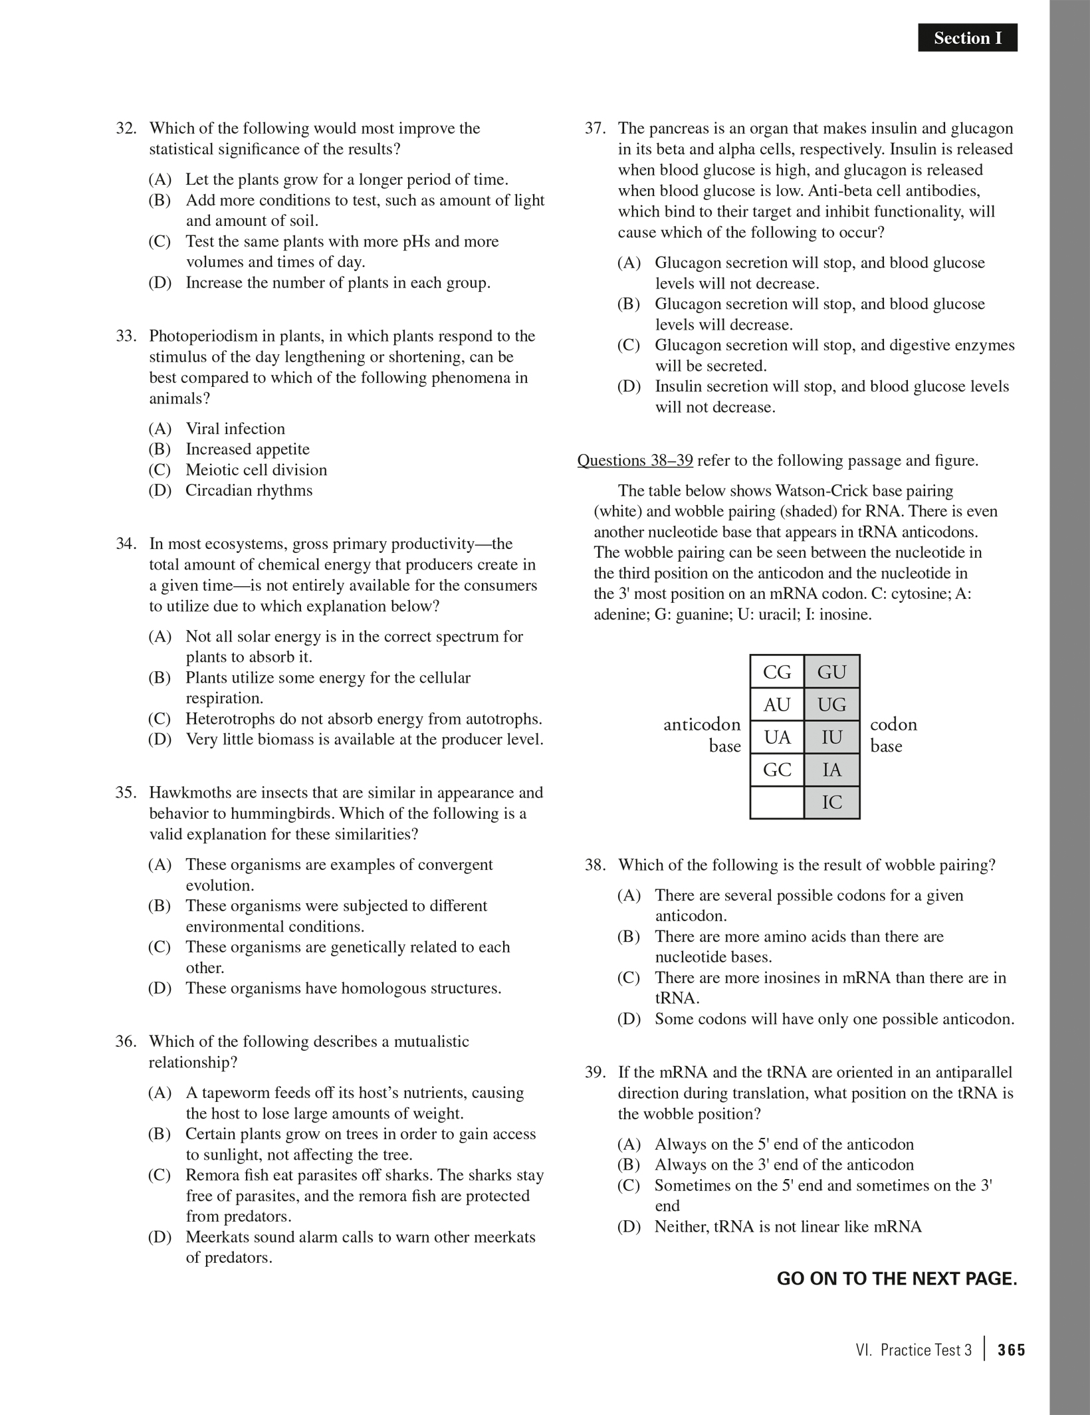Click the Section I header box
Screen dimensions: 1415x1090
[x=967, y=38]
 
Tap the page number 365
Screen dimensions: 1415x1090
[x=1011, y=1350]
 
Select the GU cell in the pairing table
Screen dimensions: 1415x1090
[x=831, y=672]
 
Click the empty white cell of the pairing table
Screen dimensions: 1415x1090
[x=777, y=802]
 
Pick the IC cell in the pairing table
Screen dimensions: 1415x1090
[x=831, y=802]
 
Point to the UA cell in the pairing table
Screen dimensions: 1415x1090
[x=777, y=737]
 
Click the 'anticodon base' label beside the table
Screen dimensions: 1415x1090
[x=703, y=735]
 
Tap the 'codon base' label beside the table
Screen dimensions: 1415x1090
[x=893, y=735]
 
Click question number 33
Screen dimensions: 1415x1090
[x=126, y=336]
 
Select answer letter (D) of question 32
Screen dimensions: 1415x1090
[x=160, y=283]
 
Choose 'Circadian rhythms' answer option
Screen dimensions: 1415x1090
[x=249, y=490]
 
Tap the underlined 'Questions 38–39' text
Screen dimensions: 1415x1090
[x=635, y=461]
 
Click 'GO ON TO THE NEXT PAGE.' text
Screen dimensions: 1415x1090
[x=897, y=1279]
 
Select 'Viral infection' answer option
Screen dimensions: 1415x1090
[x=235, y=429]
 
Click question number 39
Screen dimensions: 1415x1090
[x=595, y=1073]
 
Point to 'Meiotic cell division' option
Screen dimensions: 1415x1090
[x=256, y=470]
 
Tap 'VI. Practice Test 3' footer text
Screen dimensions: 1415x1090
[x=914, y=1350]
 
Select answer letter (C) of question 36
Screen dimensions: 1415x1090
[x=160, y=1176]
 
